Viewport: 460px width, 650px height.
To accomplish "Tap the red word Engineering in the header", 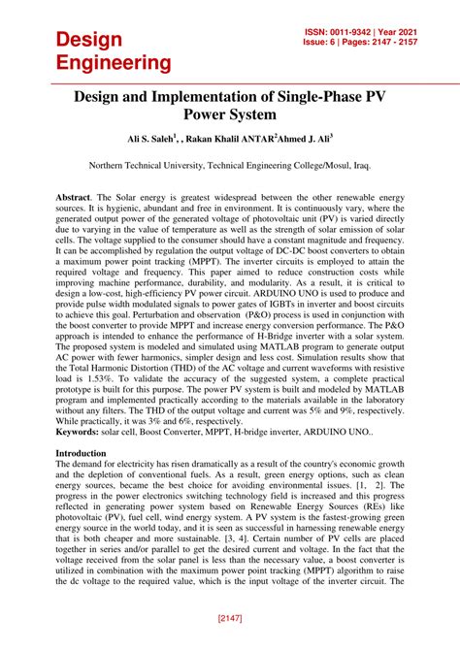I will tap(114, 63).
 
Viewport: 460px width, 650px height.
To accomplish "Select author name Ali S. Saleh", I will tap(154, 141).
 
